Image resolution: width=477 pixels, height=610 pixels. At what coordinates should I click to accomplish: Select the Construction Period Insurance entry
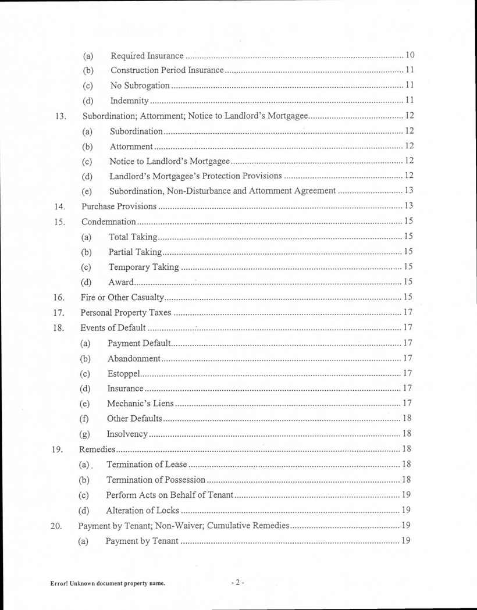coord(167,71)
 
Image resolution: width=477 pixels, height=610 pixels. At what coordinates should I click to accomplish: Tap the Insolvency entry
coord(130,434)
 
